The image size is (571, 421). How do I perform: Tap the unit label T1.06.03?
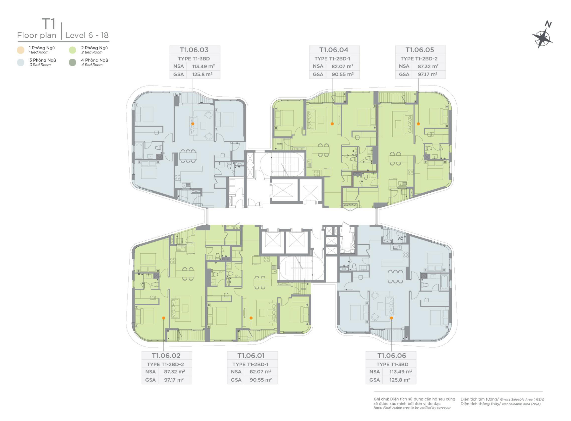coord(194,50)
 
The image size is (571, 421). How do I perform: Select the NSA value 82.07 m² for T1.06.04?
coord(343,66)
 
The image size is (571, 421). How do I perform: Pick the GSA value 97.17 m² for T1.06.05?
coord(428,74)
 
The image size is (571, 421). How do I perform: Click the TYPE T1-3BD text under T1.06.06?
coord(392,364)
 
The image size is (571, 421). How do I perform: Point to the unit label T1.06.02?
coord(166,355)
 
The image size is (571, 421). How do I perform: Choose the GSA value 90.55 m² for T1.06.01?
coord(261,380)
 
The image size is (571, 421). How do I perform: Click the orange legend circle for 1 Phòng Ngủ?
coord(21,50)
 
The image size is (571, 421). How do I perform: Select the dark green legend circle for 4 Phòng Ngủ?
coord(72,63)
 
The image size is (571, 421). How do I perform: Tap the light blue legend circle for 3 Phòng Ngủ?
coord(21,63)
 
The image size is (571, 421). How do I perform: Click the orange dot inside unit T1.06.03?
coord(193,124)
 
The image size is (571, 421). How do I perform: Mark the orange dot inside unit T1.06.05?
coord(418,124)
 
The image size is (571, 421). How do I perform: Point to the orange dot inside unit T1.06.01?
coord(251,318)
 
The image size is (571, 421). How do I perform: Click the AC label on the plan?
coord(401,239)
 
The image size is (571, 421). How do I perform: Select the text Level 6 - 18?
coord(87,35)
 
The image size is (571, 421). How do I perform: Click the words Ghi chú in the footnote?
coord(381,399)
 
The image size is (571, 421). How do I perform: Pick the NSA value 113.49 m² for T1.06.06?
coord(401,372)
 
